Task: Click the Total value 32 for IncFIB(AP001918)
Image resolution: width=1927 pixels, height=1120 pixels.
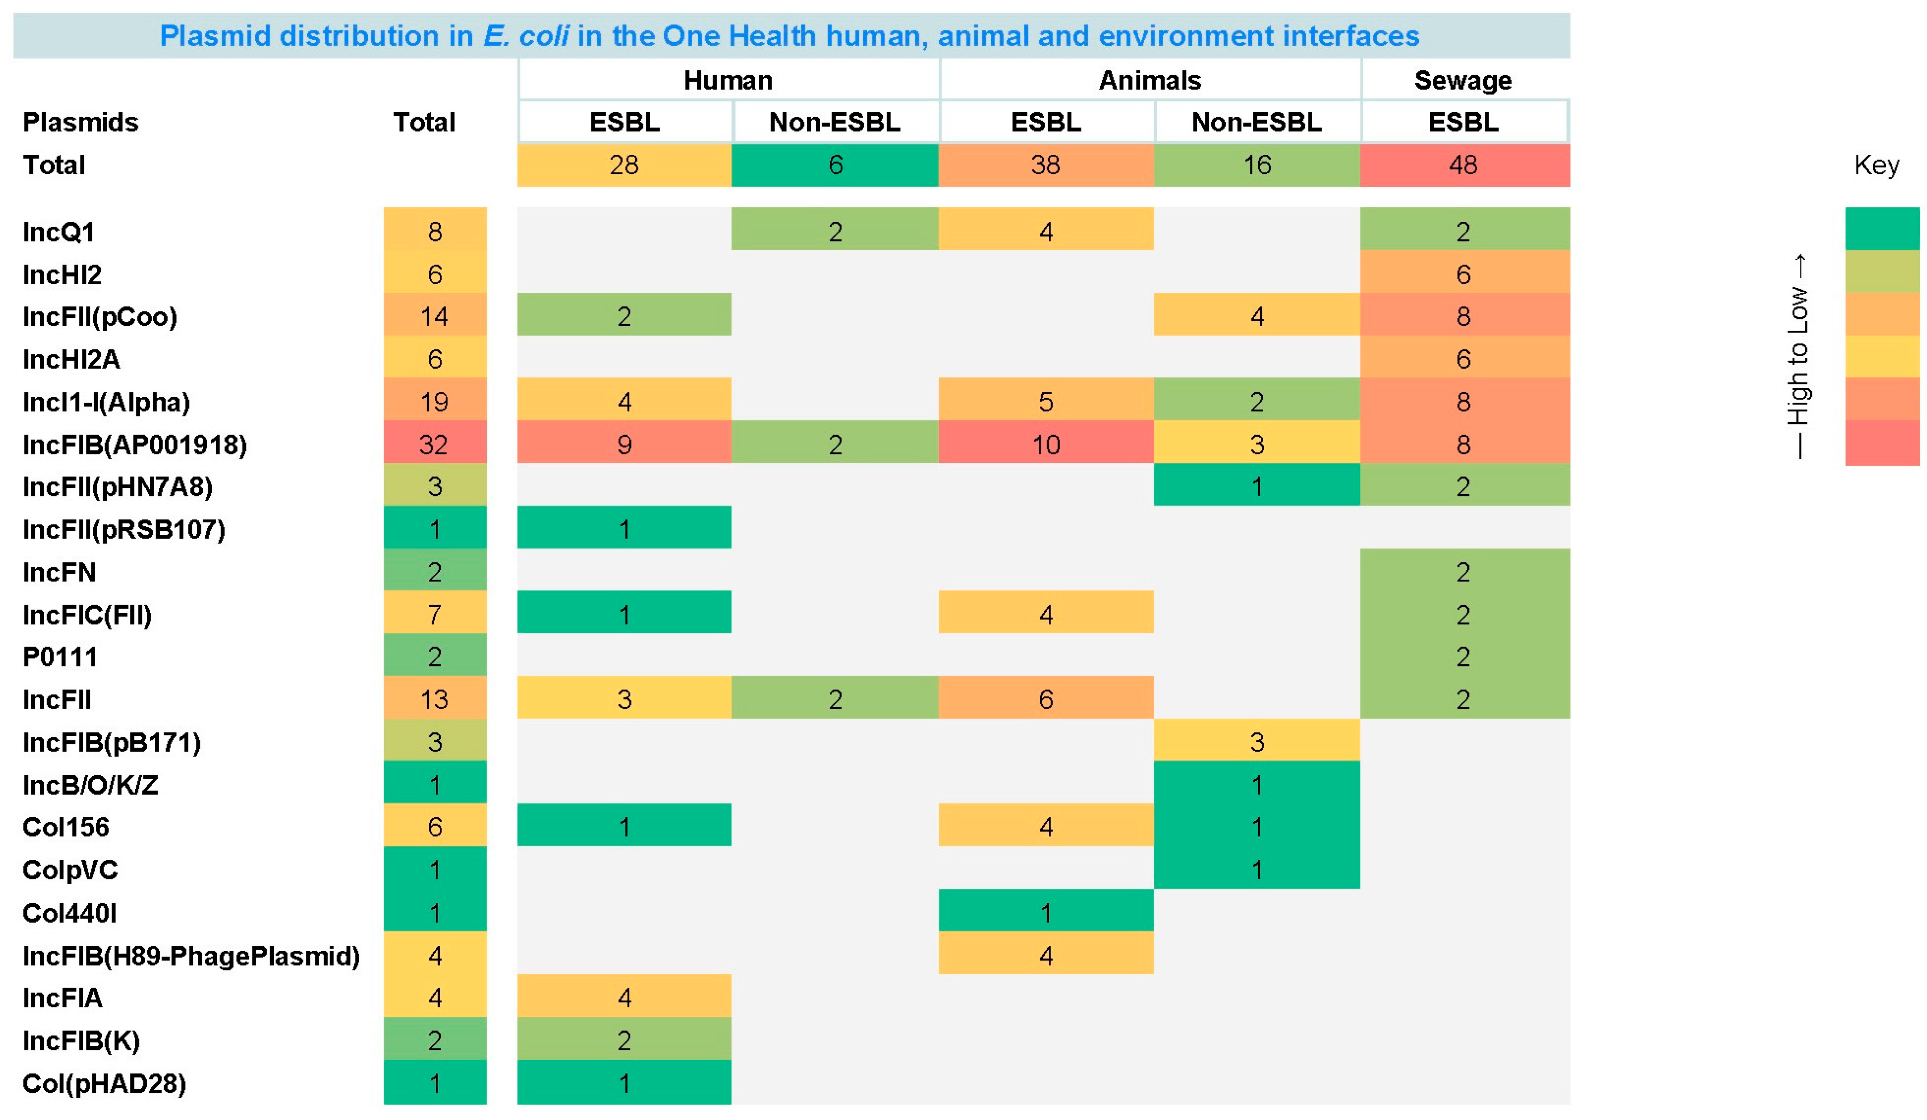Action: coord(434,444)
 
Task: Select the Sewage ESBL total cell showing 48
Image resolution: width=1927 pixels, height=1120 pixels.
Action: coord(1465,164)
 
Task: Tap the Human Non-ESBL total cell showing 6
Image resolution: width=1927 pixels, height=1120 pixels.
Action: coord(835,164)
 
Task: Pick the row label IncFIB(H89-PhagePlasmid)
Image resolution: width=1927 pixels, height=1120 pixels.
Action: coord(191,956)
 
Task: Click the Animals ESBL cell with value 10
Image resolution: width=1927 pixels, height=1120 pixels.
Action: coord(1046,444)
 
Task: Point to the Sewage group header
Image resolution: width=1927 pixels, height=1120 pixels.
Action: coord(1463,81)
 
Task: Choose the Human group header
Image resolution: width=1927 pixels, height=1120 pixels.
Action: coord(728,81)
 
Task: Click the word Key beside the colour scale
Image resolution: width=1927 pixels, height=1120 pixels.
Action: coord(1876,165)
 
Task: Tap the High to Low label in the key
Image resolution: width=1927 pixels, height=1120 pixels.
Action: coord(1799,356)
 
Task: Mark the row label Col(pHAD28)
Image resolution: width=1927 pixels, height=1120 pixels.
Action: coord(104,1083)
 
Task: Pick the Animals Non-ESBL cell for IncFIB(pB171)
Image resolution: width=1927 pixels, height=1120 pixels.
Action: coord(1256,741)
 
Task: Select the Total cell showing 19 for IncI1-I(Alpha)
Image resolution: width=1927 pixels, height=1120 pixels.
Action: coord(434,402)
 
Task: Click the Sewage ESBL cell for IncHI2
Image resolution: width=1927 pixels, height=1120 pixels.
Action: coord(1465,274)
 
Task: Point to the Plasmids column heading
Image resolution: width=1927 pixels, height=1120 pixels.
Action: coord(80,122)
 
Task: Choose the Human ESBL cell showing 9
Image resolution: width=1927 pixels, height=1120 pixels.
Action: coord(624,444)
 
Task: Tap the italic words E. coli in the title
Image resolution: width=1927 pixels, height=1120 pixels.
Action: coord(526,36)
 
